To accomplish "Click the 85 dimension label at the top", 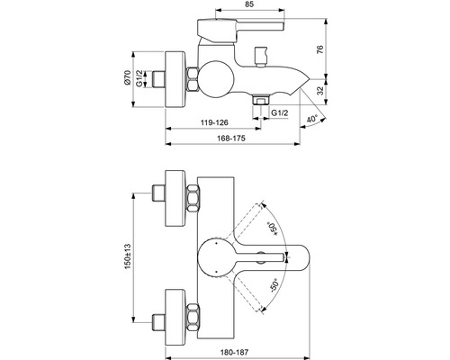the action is click(249, 4).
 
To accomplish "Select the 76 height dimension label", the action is click(320, 49).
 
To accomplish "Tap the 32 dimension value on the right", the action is click(320, 91).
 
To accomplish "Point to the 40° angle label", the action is click(312, 119).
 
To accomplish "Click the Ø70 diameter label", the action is click(127, 77).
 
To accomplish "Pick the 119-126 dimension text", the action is click(214, 122).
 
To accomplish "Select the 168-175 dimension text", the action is click(231, 138).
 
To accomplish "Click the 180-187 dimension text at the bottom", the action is click(234, 352).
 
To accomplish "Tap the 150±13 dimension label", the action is click(128, 256).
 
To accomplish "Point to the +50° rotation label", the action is click(272, 229).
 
